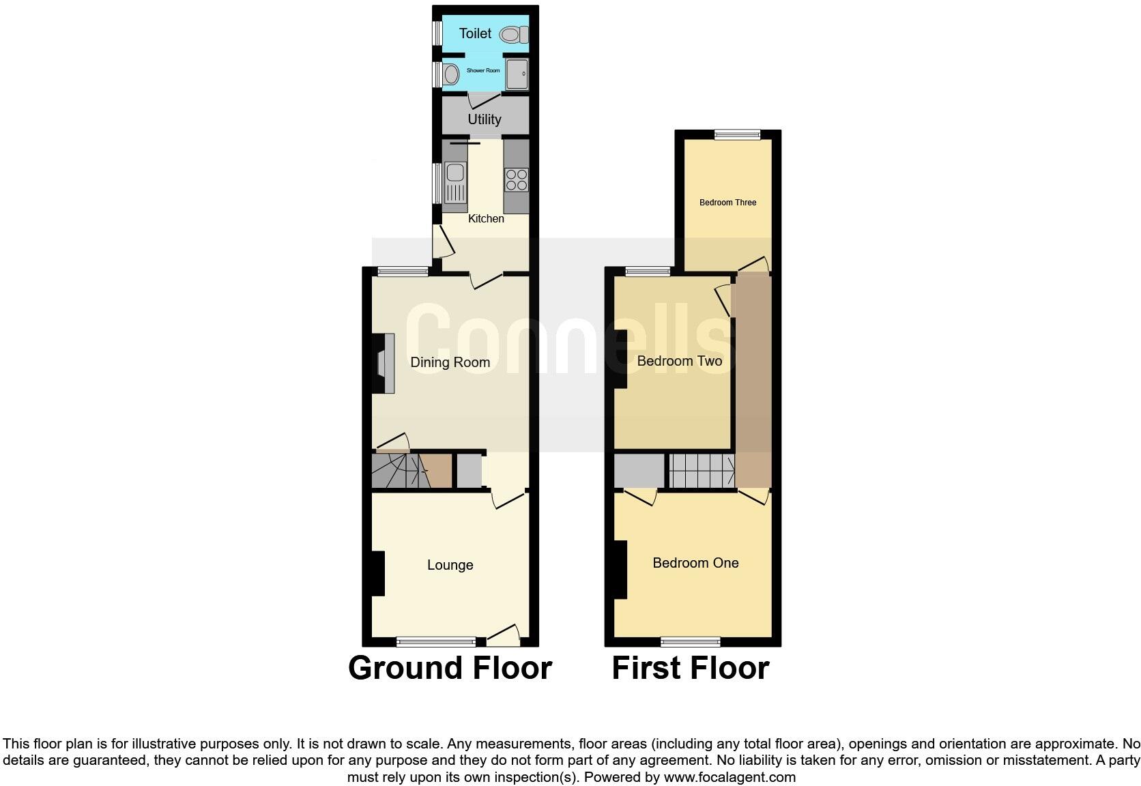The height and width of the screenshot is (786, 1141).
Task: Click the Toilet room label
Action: click(x=475, y=33)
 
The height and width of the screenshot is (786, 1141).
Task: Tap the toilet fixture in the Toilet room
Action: click(x=513, y=34)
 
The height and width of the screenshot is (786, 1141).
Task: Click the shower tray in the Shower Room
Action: click(x=517, y=74)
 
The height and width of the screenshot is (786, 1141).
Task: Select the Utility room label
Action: click(x=485, y=119)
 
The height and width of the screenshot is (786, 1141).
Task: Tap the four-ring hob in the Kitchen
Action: click(x=517, y=179)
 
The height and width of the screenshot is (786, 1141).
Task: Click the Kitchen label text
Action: click(x=486, y=219)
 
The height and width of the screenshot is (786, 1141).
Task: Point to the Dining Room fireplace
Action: click(x=384, y=363)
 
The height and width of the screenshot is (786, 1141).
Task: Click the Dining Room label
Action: click(x=450, y=362)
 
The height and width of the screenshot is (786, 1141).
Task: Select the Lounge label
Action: click(x=450, y=565)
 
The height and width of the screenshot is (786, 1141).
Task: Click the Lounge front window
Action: click(x=436, y=641)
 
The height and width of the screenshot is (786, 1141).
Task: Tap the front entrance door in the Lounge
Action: click(x=504, y=637)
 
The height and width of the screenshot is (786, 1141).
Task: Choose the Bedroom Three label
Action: click(x=727, y=203)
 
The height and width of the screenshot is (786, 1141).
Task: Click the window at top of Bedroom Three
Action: click(x=737, y=134)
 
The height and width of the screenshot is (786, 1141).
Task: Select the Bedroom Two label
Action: click(x=679, y=361)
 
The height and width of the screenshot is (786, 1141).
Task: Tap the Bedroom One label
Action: click(x=695, y=563)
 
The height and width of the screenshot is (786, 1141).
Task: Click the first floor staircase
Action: click(x=701, y=471)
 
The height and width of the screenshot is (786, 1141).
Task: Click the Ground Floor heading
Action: click(x=450, y=668)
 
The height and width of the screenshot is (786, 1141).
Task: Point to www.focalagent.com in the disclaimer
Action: click(x=730, y=777)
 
